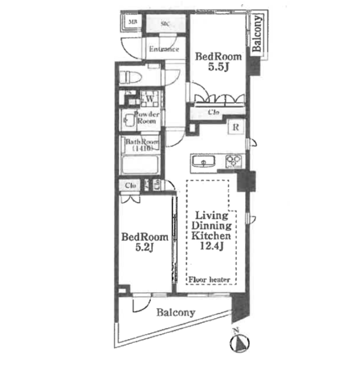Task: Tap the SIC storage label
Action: [x=166, y=25]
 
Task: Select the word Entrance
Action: [x=163, y=49]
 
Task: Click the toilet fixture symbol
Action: [x=133, y=76]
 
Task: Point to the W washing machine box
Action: [x=150, y=98]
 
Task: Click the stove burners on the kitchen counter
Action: [x=233, y=160]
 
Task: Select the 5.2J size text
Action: [x=144, y=248]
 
